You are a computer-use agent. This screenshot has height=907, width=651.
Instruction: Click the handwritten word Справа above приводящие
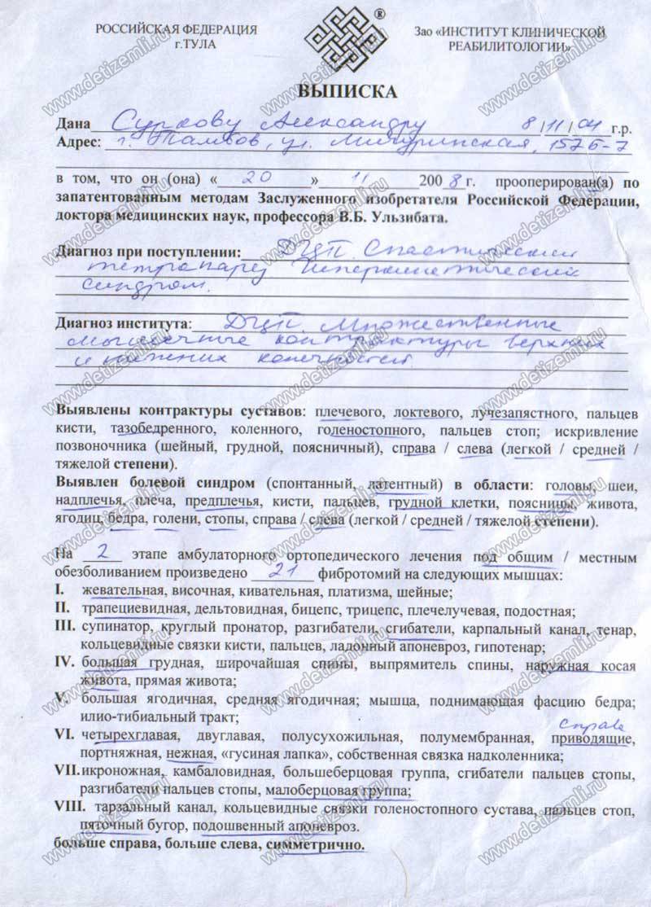583,721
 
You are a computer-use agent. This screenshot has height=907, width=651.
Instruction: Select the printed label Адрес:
78,143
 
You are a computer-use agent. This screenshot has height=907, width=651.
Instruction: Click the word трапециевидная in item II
130,611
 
